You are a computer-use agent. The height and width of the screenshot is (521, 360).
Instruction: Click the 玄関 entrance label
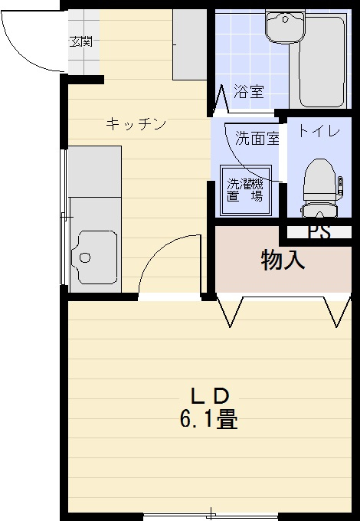(x=80, y=42)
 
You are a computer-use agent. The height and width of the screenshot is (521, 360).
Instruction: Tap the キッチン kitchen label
(x=136, y=124)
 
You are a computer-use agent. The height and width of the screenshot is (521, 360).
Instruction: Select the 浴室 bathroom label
(x=249, y=91)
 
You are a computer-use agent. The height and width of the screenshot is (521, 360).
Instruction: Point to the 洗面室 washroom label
(x=257, y=138)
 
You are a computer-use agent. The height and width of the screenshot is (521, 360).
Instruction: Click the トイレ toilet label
(x=319, y=131)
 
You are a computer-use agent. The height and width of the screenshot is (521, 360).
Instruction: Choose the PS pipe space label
(x=319, y=232)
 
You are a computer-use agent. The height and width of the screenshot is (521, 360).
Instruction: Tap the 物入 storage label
(x=283, y=260)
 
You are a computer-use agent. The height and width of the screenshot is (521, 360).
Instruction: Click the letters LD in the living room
(x=210, y=396)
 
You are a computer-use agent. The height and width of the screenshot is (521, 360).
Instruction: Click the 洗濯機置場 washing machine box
(x=246, y=190)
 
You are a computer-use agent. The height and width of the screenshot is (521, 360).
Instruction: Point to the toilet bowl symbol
(x=320, y=188)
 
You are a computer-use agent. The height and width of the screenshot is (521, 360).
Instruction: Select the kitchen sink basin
(x=94, y=257)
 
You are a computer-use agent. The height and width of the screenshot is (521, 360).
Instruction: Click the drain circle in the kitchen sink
(x=85, y=257)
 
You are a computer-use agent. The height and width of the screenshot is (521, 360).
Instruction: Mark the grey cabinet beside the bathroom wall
(x=190, y=44)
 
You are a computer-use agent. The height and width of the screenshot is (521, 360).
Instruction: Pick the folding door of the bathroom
(x=221, y=98)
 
